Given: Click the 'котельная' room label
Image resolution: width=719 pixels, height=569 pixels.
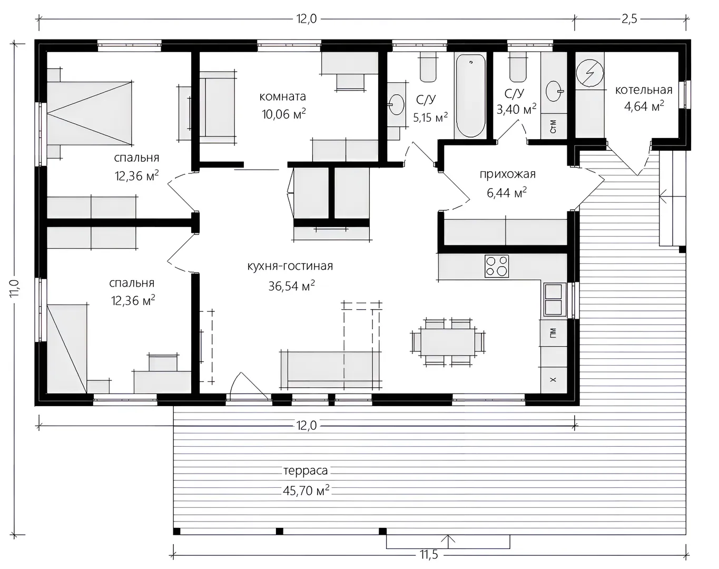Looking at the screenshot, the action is coord(644,90).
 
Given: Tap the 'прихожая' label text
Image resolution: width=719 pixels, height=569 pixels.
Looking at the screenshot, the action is coord(507,174).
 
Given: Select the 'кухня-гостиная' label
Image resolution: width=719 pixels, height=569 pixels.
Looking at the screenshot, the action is coord(290,266).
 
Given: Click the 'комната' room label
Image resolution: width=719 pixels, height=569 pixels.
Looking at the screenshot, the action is coord(283,96).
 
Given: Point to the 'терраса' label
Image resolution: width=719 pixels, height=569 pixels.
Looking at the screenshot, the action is coord(306,470).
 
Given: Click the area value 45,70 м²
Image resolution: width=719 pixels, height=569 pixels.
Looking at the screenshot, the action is coord(306,490).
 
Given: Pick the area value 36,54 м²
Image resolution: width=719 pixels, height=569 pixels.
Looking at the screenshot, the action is coord(291,286).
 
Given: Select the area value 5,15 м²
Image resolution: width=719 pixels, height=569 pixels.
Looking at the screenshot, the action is coord(430,117).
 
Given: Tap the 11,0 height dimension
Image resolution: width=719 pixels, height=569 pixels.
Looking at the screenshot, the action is coord(15,288).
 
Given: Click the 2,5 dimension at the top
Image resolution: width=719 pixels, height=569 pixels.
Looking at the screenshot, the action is coord(629,19).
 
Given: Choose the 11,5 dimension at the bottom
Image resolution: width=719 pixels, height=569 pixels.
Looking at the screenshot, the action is coord(429,555).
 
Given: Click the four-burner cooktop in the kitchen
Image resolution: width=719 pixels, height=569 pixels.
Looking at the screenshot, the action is coord(497,266).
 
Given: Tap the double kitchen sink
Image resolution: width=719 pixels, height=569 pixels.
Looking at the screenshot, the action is coord(555,300).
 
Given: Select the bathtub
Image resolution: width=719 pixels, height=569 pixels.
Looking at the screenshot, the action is coord(470,96).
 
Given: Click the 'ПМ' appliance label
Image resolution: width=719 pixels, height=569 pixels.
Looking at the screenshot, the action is coord(553,333).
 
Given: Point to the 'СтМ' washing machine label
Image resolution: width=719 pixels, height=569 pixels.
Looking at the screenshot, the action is coord(553,126).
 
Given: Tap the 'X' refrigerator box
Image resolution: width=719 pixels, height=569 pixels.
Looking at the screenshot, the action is coord(554,380).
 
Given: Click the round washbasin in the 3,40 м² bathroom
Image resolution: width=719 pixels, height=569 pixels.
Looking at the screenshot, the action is coord(555,91).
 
